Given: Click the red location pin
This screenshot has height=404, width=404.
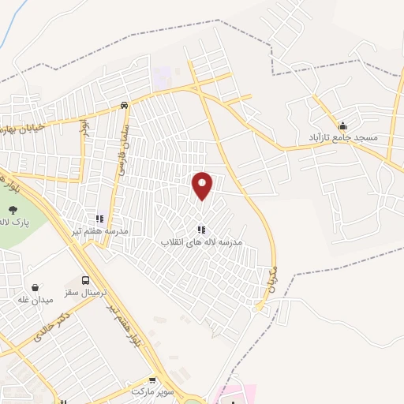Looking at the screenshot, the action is click(203, 185).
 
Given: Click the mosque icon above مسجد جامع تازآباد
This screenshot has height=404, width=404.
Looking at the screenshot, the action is click(342, 125).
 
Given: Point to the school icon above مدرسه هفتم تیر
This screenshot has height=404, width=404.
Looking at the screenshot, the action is click(99, 219).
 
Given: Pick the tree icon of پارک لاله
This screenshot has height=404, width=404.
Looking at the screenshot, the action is click(13, 210).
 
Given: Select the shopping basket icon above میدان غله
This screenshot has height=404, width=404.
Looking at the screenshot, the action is click(35, 287).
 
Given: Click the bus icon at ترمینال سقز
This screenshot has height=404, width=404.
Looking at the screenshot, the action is click(85, 280).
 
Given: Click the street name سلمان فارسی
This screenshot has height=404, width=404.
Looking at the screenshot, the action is click(122, 142).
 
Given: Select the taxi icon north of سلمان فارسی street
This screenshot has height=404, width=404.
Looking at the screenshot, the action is click(124, 105).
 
